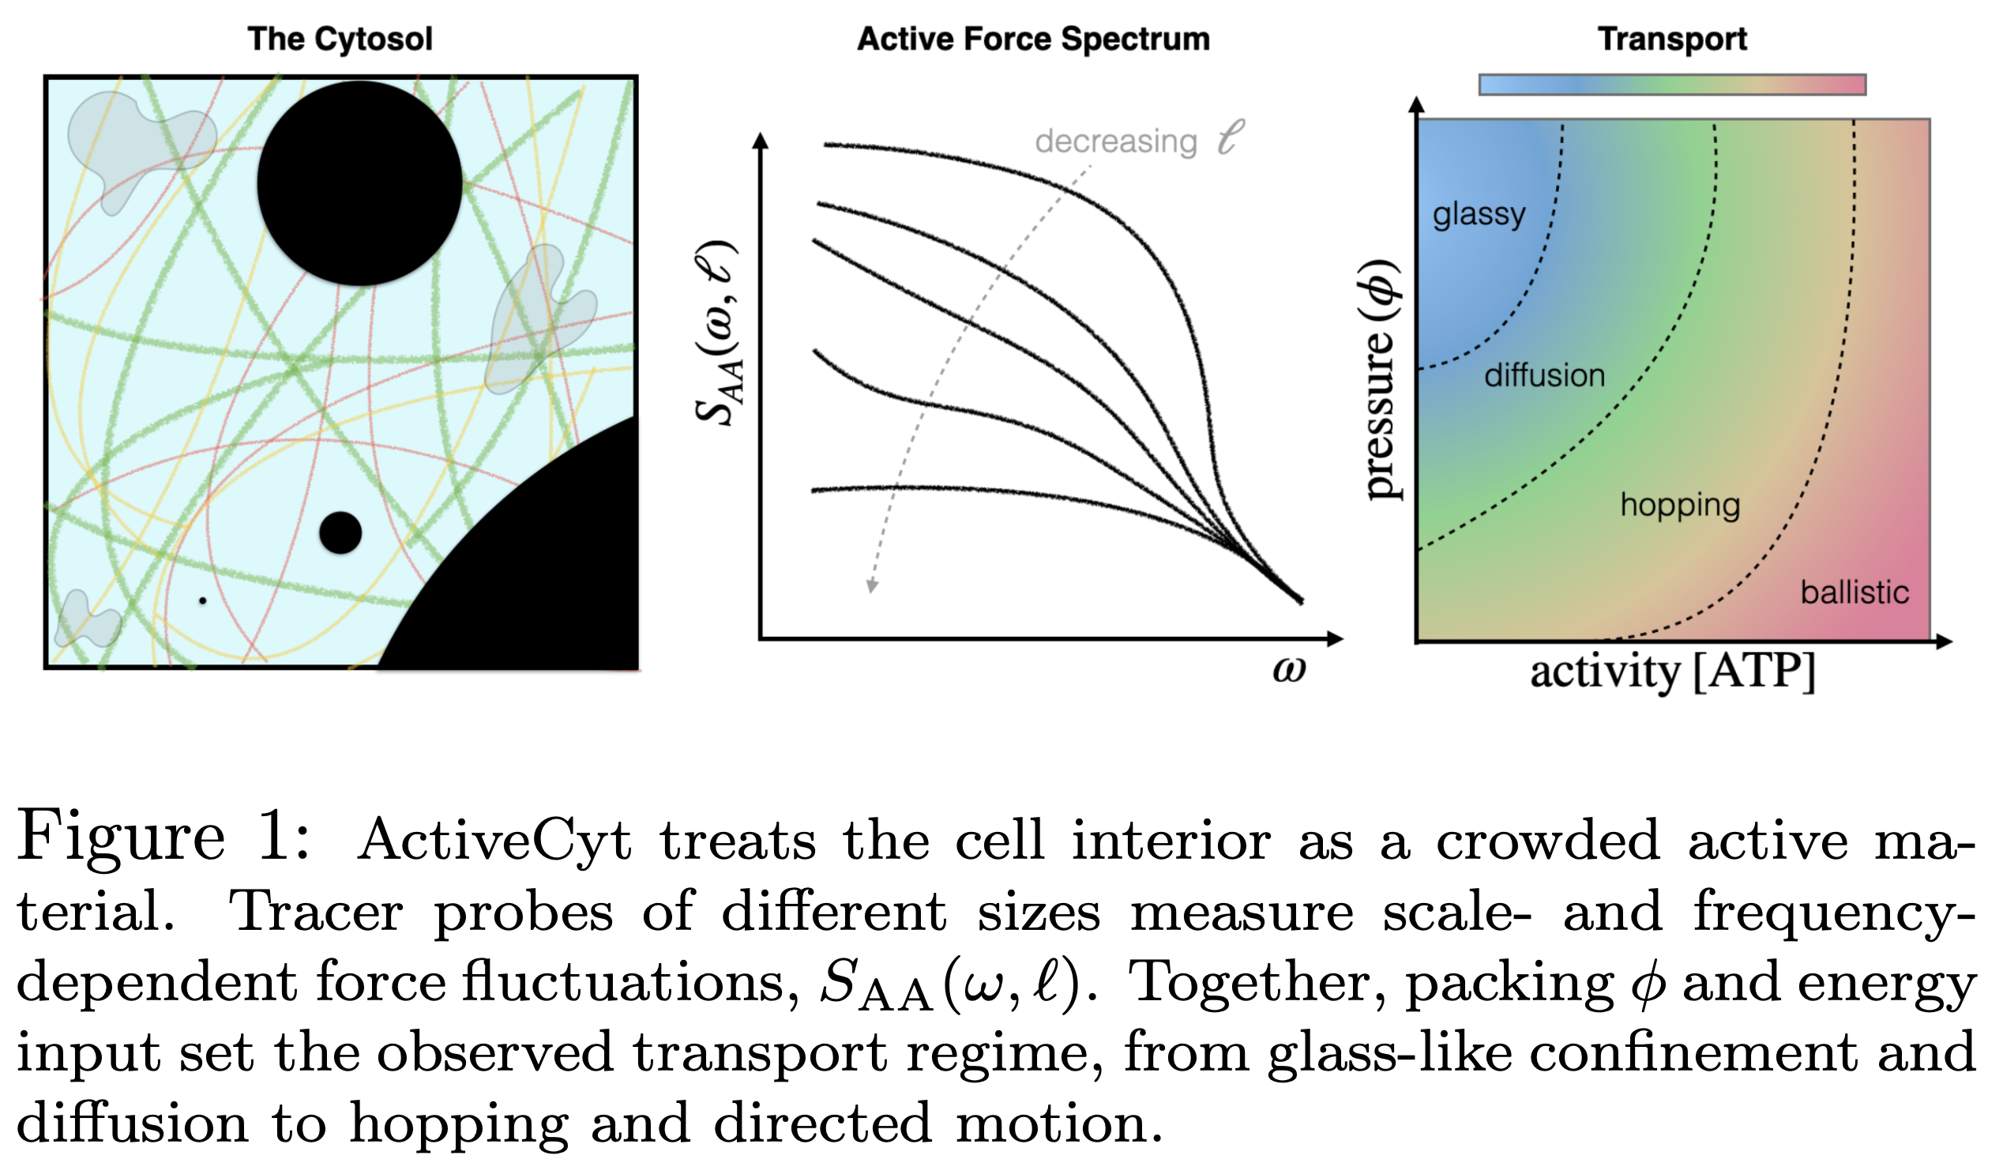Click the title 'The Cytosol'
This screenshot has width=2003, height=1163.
coord(340,39)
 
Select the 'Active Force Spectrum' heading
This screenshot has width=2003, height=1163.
coord(1033,39)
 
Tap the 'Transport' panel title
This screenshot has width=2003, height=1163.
coord(1672,39)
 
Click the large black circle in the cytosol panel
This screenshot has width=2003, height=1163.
coord(359,183)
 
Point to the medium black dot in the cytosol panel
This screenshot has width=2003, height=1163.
coord(340,533)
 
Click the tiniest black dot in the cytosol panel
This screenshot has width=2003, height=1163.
coord(203,601)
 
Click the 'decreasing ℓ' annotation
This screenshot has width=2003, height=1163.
coord(1139,140)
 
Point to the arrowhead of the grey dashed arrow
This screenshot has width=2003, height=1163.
coord(872,587)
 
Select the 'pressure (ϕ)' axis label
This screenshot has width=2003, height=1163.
coord(1381,380)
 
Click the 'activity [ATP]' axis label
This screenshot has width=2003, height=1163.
coord(1673,672)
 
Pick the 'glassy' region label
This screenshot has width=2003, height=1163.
coord(1479,215)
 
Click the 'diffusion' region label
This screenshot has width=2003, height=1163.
coord(1544,375)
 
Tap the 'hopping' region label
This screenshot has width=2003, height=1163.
coord(1680,506)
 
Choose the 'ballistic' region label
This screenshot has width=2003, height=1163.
coord(1855,593)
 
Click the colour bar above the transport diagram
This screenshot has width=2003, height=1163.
coord(1672,85)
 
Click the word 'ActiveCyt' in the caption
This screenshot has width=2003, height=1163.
coord(494,841)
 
